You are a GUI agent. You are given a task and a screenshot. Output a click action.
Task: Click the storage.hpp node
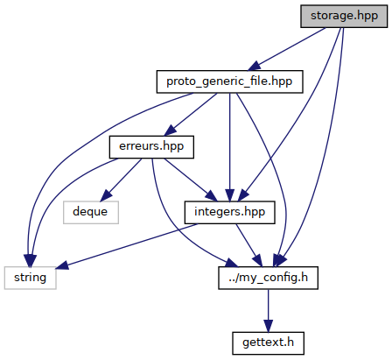(344, 17)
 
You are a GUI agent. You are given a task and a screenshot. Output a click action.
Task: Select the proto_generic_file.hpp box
(229, 81)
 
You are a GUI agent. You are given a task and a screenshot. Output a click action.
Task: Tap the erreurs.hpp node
(151, 147)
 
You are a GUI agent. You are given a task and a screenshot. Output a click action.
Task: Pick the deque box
(91, 212)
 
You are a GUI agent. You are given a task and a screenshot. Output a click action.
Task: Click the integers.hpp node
(229, 212)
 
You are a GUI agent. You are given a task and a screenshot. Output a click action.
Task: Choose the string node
(30, 278)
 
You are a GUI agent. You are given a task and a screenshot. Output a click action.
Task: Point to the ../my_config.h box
(268, 278)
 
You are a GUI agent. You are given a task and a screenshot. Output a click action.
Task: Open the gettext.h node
(268, 343)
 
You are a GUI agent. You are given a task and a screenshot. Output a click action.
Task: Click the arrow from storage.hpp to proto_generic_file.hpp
(286, 49)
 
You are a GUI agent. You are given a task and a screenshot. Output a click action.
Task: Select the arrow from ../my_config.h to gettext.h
(268, 310)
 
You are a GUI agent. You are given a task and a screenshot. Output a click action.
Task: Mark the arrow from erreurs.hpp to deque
(121, 180)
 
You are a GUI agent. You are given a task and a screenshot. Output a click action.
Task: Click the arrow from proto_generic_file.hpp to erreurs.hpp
(191, 115)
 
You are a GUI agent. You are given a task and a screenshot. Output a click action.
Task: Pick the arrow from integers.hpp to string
(126, 246)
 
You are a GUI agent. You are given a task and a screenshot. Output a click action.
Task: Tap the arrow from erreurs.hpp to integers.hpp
(191, 180)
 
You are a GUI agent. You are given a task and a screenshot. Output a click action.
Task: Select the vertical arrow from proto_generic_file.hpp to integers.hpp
(229, 147)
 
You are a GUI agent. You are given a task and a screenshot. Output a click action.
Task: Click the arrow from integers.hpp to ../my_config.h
(248, 245)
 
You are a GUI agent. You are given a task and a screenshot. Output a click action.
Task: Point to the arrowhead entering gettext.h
(268, 326)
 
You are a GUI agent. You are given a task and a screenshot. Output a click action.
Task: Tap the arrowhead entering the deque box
(106, 196)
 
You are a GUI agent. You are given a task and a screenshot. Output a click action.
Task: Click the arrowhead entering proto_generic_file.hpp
(254, 66)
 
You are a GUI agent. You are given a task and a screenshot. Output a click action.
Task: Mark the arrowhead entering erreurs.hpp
(171, 131)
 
